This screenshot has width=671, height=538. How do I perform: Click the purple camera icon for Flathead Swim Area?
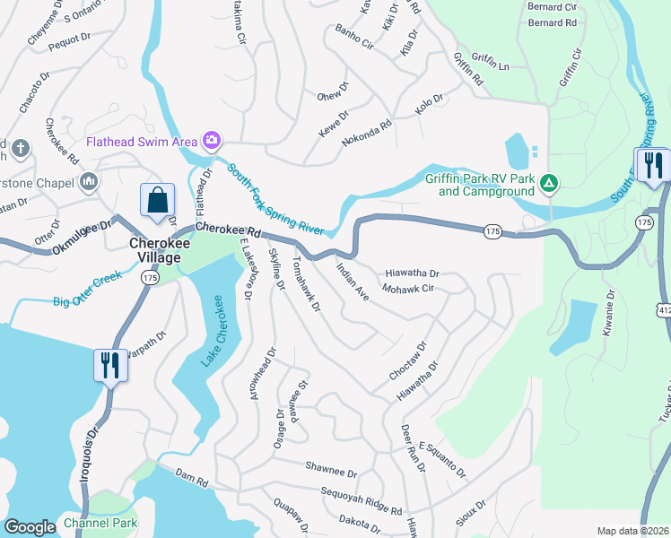tap(213, 140)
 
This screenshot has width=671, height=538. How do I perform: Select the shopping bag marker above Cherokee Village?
tap(157, 201)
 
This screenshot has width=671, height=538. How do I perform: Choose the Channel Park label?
tap(100, 523)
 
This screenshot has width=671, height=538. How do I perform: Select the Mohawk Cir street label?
tap(407, 290)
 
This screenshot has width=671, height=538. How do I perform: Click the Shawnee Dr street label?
tap(331, 470)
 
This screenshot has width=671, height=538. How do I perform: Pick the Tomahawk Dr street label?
tap(306, 289)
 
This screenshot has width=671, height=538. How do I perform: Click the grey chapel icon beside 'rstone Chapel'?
tap(88, 182)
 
